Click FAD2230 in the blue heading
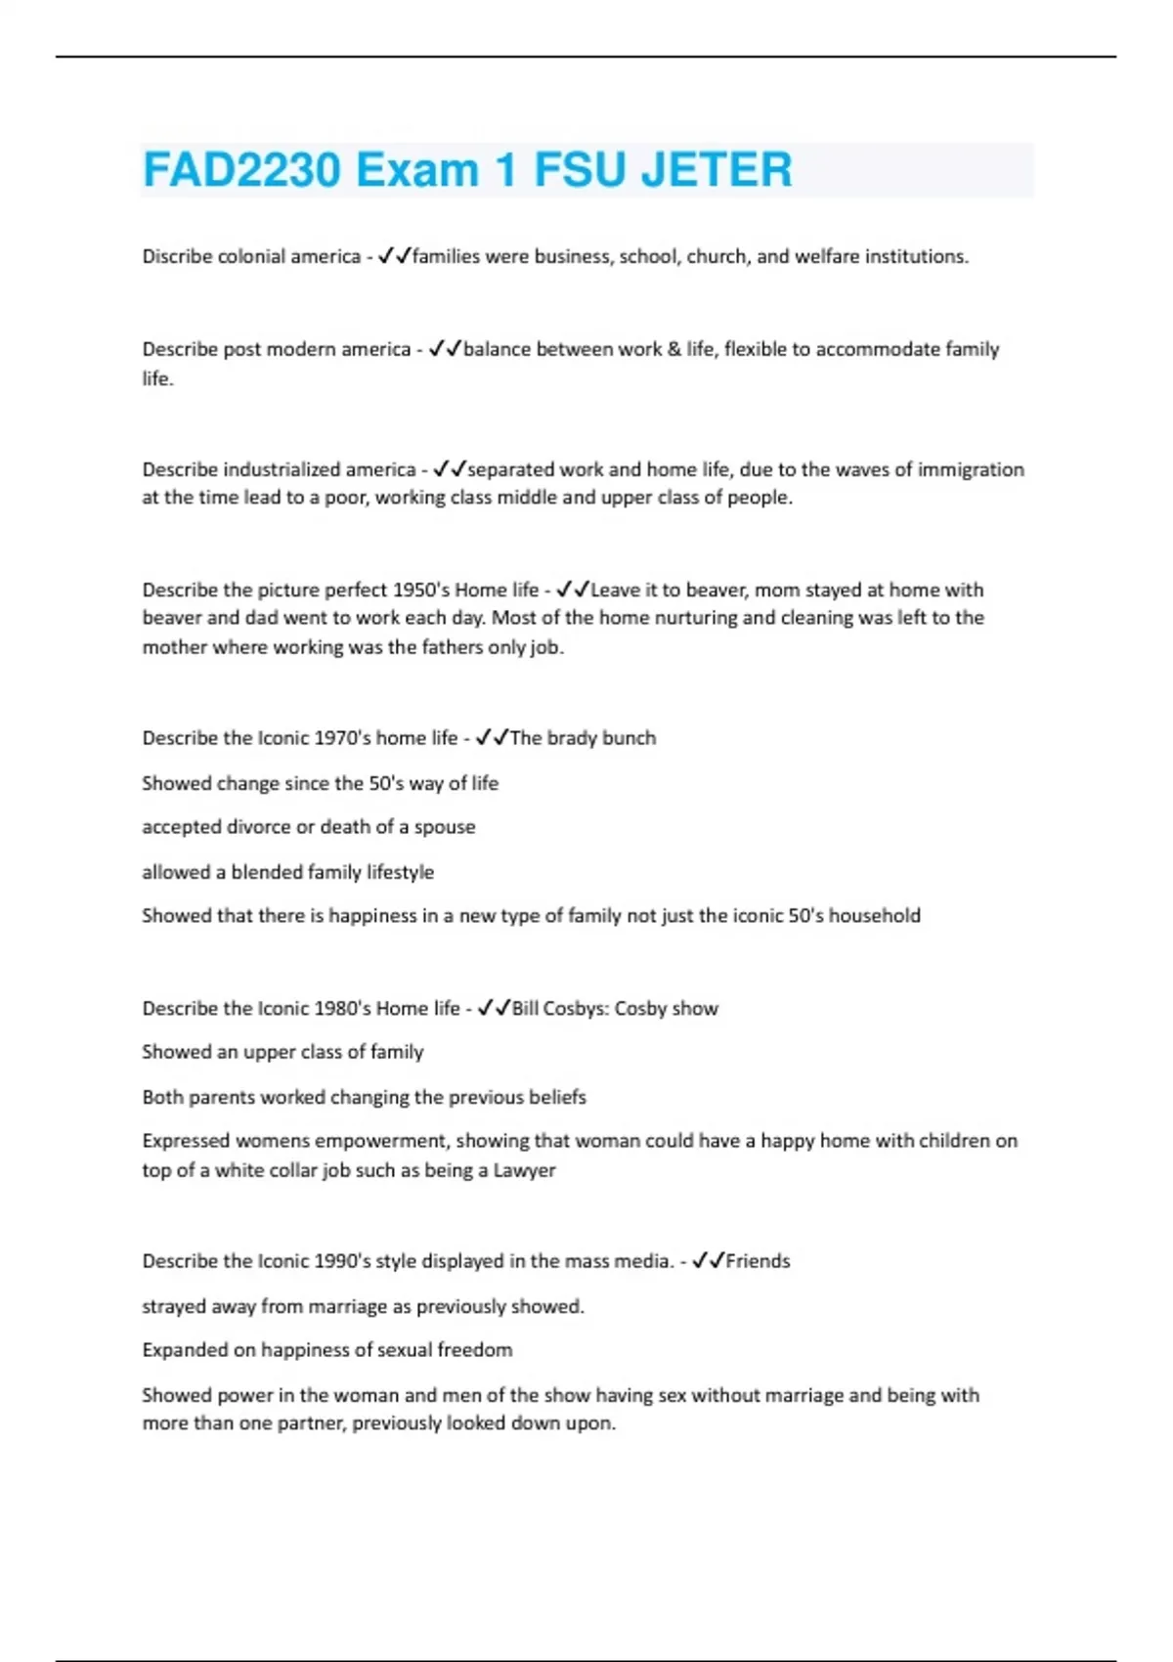click(241, 170)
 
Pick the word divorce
click(258, 827)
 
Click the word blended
click(267, 872)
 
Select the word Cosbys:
click(575, 1008)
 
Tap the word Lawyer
click(524, 1170)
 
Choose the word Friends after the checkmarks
click(758, 1261)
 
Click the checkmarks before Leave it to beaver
click(573, 590)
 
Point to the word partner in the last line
click(308, 1423)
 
